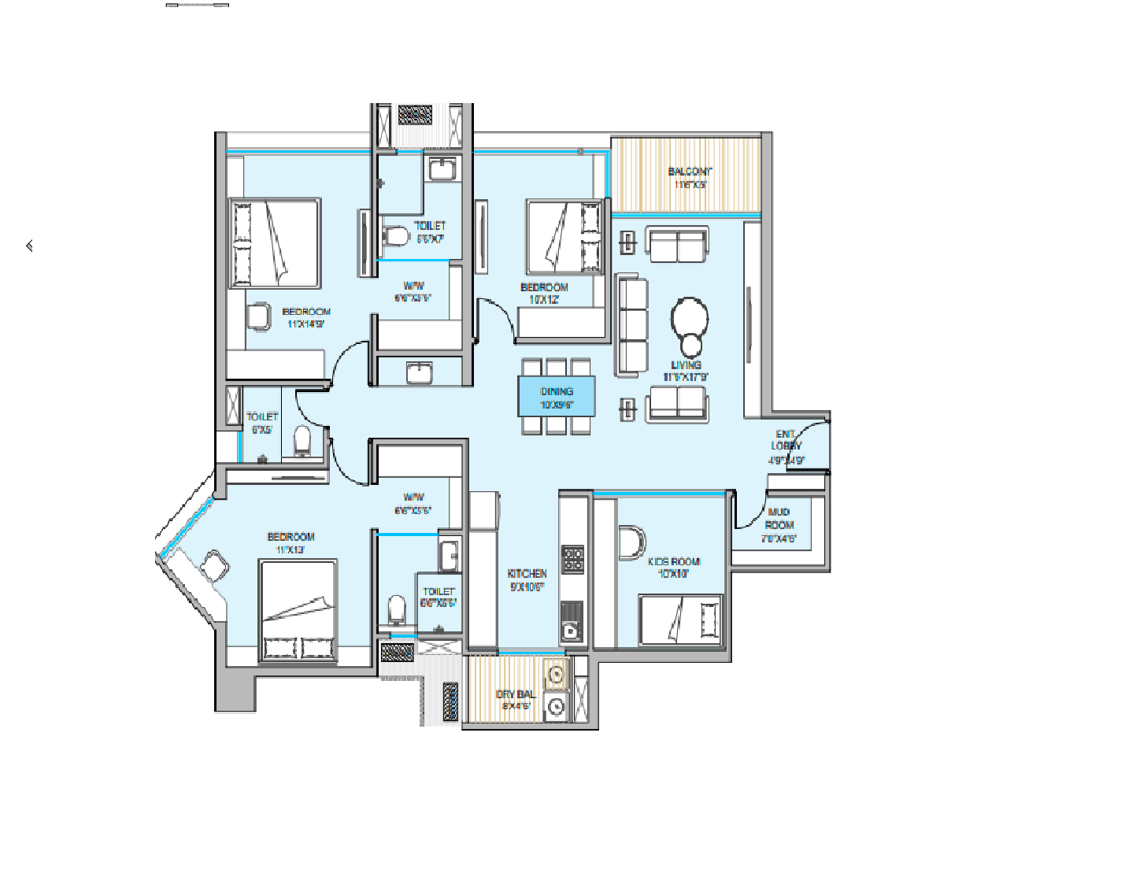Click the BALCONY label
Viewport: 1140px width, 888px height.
[690, 172]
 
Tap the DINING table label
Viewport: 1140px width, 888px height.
[557, 391]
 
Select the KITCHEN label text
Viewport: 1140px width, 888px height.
[527, 574]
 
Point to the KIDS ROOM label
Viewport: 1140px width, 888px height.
[674, 562]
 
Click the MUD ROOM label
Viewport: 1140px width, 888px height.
[779, 518]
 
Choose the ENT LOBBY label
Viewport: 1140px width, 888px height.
[786, 440]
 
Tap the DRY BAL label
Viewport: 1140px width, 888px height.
[516, 694]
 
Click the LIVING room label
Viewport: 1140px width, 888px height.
[686, 365]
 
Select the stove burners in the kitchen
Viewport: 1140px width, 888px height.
[572, 559]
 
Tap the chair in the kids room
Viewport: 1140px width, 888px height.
[631, 543]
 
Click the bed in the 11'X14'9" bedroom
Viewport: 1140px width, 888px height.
[275, 242]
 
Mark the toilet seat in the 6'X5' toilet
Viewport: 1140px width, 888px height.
[302, 441]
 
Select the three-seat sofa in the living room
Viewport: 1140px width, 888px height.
[632, 324]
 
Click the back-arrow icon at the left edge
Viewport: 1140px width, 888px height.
[30, 246]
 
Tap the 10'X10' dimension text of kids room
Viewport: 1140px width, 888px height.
[673, 574]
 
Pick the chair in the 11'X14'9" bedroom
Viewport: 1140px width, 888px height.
[257, 316]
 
